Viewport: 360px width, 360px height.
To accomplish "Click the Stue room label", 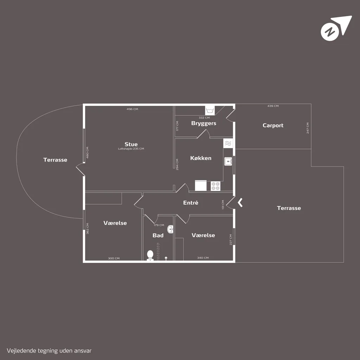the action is pyautogui.click(x=131, y=144).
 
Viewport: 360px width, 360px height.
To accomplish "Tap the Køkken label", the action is pyautogui.click(x=201, y=158).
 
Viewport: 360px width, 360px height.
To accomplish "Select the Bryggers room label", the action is pyautogui.click(x=204, y=123).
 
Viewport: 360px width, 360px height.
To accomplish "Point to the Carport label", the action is pyautogui.click(x=273, y=126).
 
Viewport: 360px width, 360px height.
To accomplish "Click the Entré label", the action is pyautogui.click(x=191, y=202).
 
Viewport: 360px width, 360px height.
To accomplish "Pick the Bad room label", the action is pyautogui.click(x=158, y=235).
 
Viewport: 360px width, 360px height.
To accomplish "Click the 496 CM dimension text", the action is pyautogui.click(x=132, y=109).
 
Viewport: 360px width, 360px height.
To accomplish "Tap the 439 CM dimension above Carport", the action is pyautogui.click(x=273, y=106).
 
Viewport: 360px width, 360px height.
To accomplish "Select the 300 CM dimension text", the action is pyautogui.click(x=114, y=258).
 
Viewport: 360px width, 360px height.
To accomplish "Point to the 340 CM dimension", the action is pyautogui.click(x=203, y=258).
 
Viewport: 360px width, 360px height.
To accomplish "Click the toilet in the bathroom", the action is pyautogui.click(x=150, y=255).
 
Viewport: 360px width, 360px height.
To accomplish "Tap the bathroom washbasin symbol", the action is pyautogui.click(x=171, y=229).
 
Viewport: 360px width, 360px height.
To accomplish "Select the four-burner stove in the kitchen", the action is pyautogui.click(x=216, y=186).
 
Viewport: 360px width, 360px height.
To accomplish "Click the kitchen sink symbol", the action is pyautogui.click(x=228, y=161).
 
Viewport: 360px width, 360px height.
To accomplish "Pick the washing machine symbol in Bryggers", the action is pyautogui.click(x=210, y=111).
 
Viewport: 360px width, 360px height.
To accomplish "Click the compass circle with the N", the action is pyautogui.click(x=330, y=32).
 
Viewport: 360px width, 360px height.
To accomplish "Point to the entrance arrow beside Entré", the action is pyautogui.click(x=240, y=203).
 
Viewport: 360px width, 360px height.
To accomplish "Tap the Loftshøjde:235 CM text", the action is pyautogui.click(x=131, y=149).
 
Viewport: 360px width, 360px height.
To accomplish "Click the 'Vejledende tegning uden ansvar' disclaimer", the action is pyautogui.click(x=49, y=351).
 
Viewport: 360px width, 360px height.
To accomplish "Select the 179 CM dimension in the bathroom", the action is pyautogui.click(x=159, y=225).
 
